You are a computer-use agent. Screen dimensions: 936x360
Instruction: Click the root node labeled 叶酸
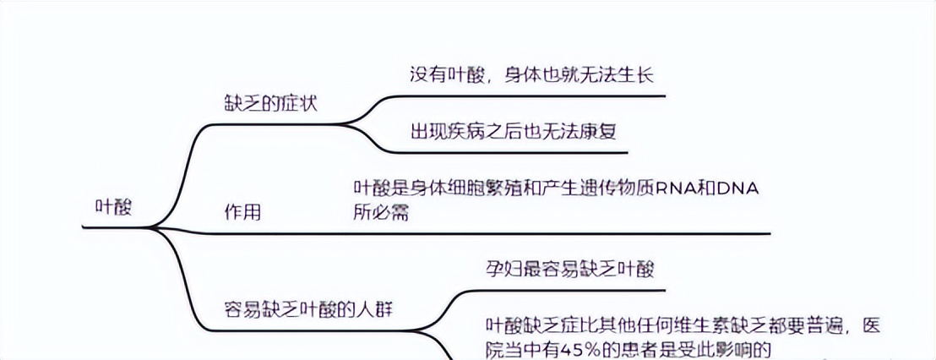pos(115,208)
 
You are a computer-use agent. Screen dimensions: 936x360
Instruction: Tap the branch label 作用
pos(242,212)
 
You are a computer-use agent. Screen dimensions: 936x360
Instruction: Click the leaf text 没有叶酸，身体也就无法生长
pos(533,74)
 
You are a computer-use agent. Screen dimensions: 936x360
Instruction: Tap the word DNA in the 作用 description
pos(737,189)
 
